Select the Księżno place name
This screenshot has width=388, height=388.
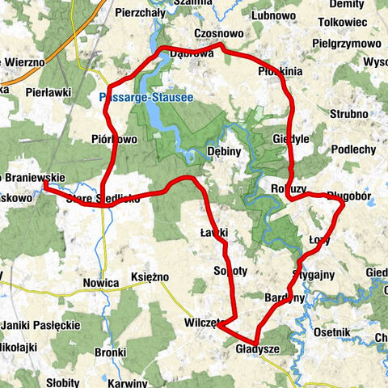pyautogui.click(x=149, y=276)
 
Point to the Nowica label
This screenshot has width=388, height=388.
pyautogui.click(x=101, y=284)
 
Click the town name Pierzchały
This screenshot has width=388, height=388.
pyautogui.click(x=118, y=14)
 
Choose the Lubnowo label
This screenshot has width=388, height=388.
pyautogui.click(x=274, y=14)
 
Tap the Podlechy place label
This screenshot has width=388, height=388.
pyautogui.click(x=353, y=150)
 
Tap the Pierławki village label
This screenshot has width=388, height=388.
pyautogui.click(x=44, y=91)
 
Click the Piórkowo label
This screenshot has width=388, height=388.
pyautogui.click(x=114, y=139)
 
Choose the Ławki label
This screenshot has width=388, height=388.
pyautogui.click(x=215, y=233)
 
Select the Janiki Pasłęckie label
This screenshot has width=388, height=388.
pyautogui.click(x=40, y=325)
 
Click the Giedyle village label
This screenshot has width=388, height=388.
pyautogui.click(x=291, y=138)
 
